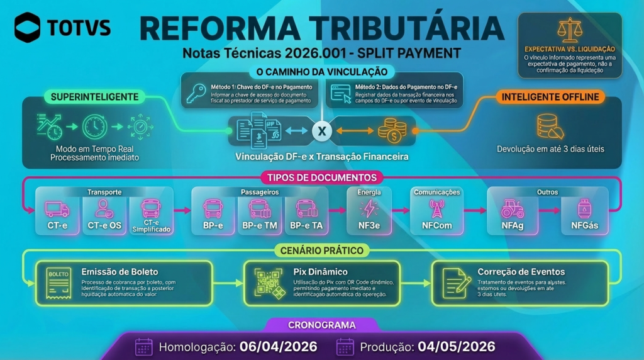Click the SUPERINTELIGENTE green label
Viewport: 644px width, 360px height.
click(95, 97)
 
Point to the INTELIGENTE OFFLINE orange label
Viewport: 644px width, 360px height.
click(550, 97)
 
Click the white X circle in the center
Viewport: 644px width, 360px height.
click(322, 131)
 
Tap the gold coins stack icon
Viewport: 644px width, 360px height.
click(391, 130)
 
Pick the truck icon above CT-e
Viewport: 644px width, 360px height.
click(57, 208)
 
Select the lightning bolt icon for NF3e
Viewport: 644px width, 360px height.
click(369, 208)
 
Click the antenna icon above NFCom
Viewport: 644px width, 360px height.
click(436, 208)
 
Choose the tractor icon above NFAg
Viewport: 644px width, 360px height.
click(513, 208)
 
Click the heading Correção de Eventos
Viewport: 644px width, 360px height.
click(521, 272)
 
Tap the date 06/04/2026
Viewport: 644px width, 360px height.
click(277, 347)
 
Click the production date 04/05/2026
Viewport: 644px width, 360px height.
click(455, 347)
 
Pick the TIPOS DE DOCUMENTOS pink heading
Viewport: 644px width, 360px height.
click(322, 177)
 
